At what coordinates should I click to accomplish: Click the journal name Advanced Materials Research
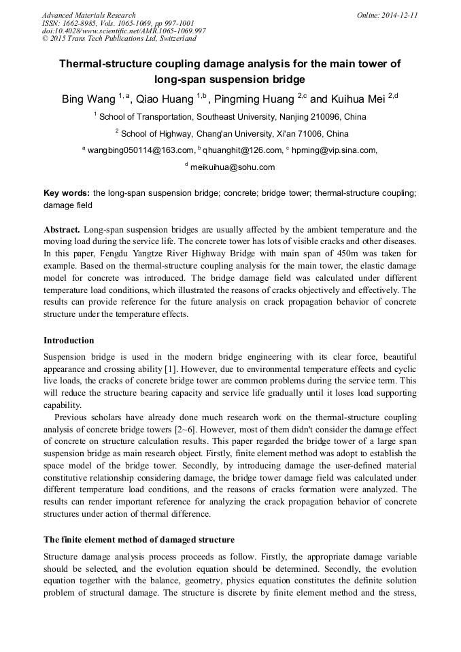[x=88, y=15]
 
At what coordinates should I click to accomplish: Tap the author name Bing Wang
[x=83, y=99]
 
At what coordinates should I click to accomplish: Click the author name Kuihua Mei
[x=357, y=99]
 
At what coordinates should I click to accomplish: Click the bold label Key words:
[x=66, y=193]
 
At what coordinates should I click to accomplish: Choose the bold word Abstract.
[x=62, y=230]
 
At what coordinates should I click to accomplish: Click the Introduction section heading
[x=69, y=341]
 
